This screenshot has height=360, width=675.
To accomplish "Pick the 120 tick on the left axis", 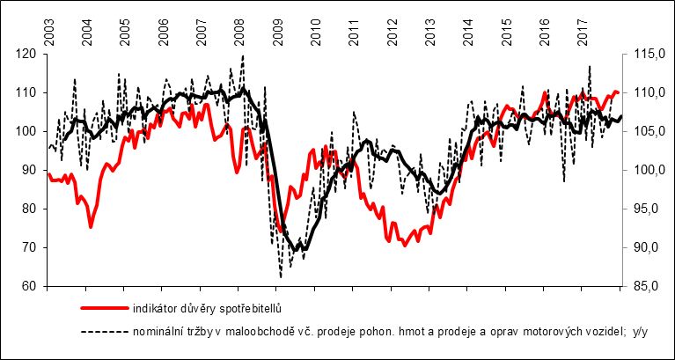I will click(x=29, y=54).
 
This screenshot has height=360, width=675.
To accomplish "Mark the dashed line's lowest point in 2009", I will click(x=281, y=277).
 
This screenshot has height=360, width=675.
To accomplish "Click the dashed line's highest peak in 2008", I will click(x=242, y=56).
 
